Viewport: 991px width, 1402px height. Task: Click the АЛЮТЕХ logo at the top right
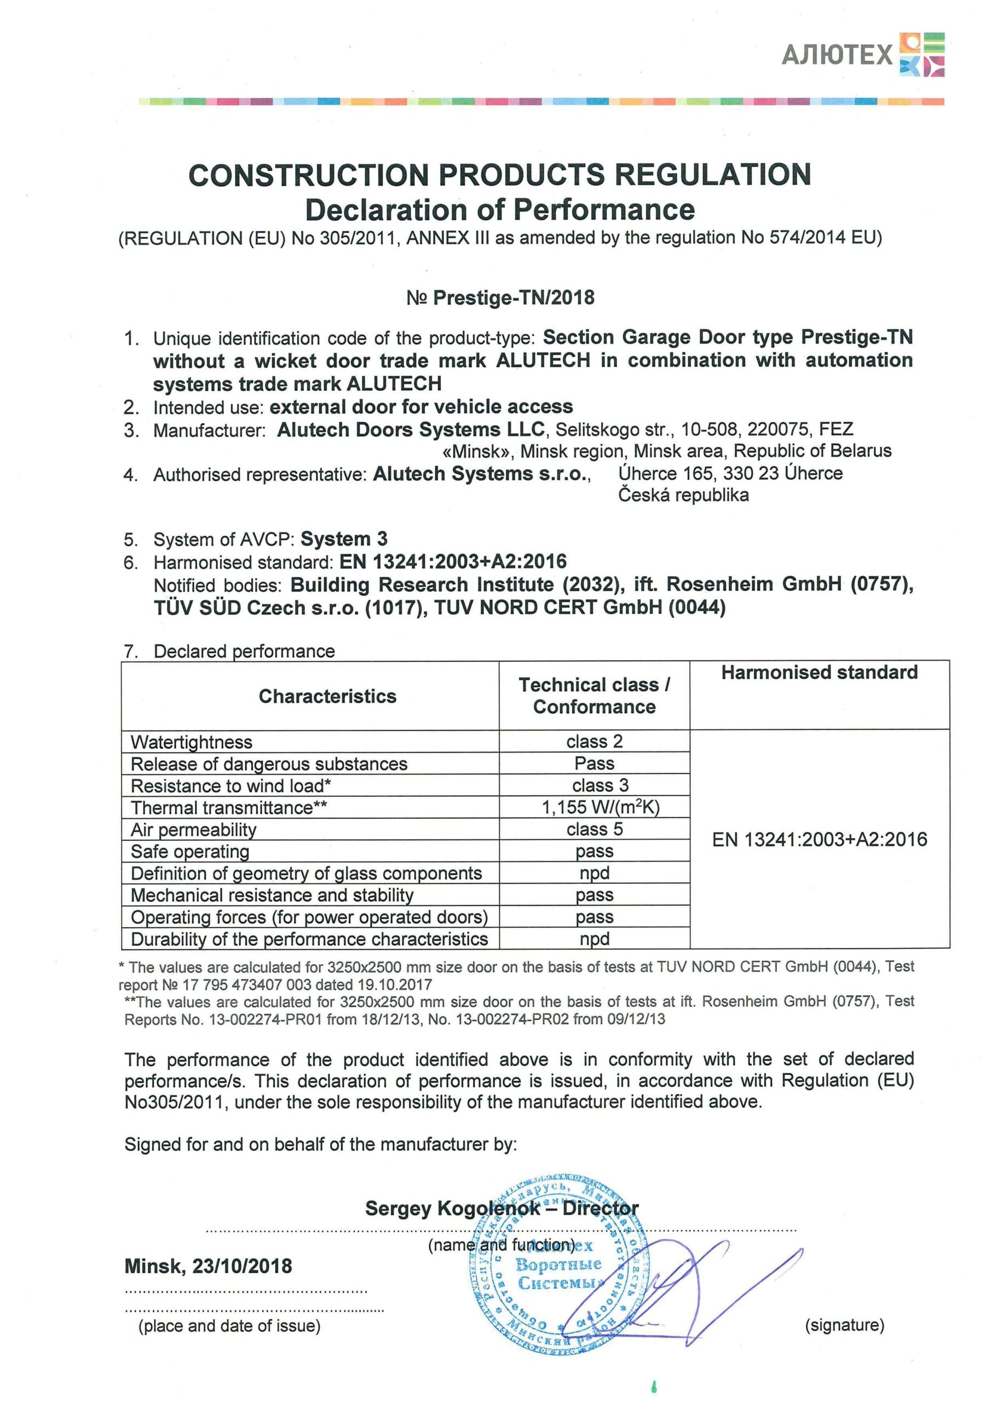click(x=862, y=55)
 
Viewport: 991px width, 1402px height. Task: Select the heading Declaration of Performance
click(x=499, y=210)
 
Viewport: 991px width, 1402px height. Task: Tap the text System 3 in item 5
click(x=344, y=539)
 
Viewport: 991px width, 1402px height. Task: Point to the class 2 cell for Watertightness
click(x=594, y=742)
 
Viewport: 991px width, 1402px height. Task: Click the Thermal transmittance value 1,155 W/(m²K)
click(x=600, y=807)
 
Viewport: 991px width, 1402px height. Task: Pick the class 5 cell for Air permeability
click(x=594, y=829)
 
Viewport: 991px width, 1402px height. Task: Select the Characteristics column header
click(x=327, y=696)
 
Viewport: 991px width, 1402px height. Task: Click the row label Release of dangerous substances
click(x=269, y=764)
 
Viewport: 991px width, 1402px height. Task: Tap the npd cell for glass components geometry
click(x=594, y=873)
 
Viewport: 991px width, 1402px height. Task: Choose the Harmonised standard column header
click(x=819, y=673)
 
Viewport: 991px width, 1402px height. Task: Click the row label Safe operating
click(x=190, y=851)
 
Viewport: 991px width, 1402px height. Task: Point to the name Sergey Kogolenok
click(x=452, y=1208)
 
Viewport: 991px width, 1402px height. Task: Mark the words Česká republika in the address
click(x=683, y=495)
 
